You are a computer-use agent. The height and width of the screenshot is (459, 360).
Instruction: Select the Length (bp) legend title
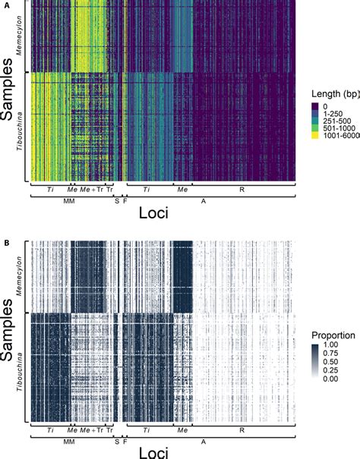tap(333, 94)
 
